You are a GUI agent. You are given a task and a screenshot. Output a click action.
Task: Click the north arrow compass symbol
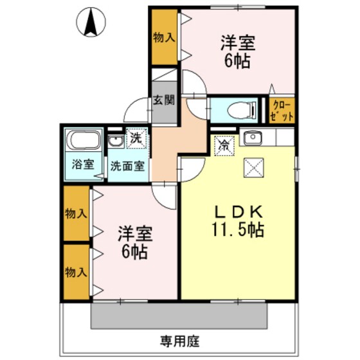[90, 23]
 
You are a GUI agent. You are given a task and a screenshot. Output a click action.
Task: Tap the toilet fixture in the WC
[238, 110]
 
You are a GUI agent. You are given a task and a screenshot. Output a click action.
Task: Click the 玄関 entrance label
[163, 100]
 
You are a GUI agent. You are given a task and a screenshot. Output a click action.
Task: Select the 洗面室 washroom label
[127, 164]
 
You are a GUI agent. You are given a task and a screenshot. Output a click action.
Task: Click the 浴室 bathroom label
[83, 163]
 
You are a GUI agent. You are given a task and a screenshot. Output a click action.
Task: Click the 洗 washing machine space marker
[136, 138]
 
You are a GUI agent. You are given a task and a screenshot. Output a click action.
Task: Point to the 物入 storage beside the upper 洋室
[164, 37]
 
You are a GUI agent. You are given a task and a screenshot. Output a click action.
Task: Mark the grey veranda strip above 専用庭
[179, 316]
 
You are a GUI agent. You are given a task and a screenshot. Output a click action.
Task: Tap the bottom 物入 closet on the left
[76, 271]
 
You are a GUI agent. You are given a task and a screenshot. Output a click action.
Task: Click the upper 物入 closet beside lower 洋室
[76, 213]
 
